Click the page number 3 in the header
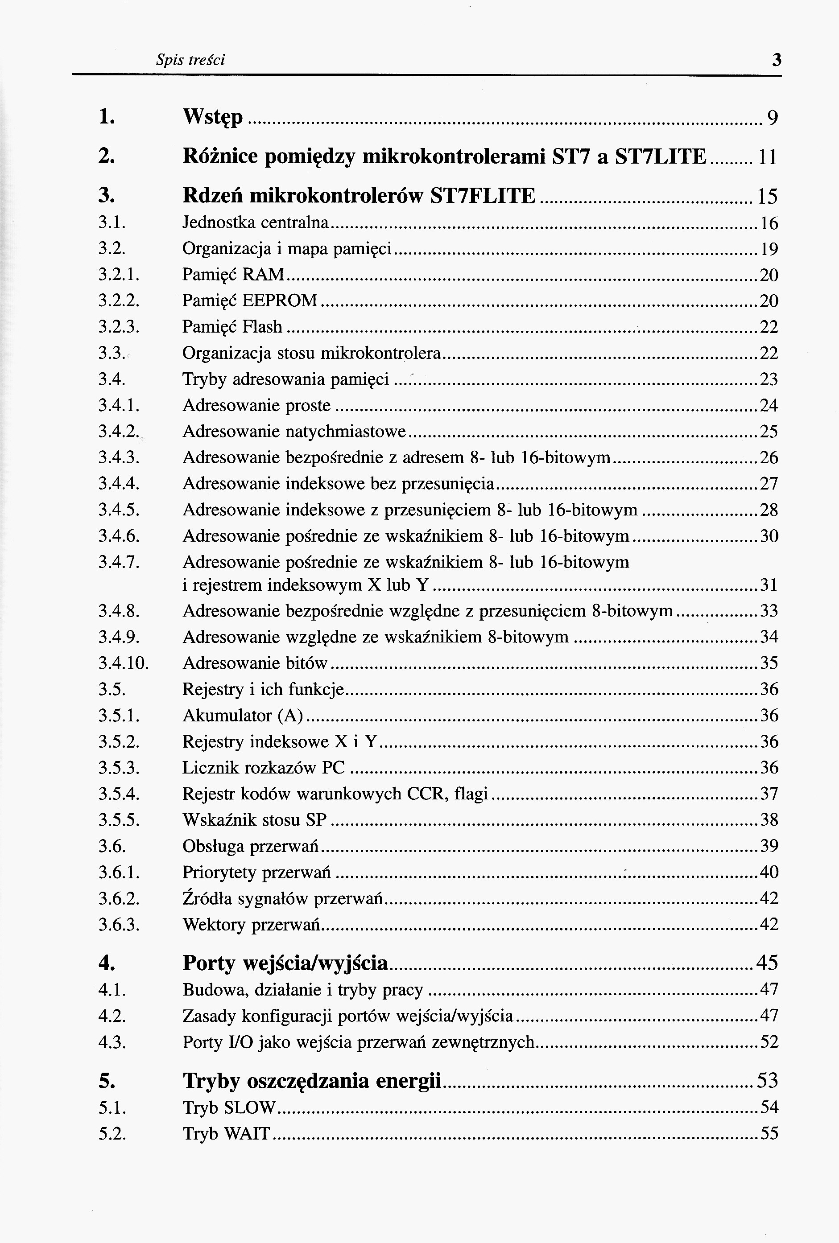(777, 59)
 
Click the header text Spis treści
(190, 59)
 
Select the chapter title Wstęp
(212, 117)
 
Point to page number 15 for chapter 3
(767, 196)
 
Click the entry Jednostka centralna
(255, 222)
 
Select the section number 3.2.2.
(119, 300)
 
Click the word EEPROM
(280, 300)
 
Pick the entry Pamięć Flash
(232, 326)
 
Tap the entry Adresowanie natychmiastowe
(294, 431)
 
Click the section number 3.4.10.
(123, 663)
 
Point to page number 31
(769, 585)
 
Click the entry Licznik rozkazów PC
(264, 768)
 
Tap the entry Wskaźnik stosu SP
(255, 820)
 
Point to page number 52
(769, 1042)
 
